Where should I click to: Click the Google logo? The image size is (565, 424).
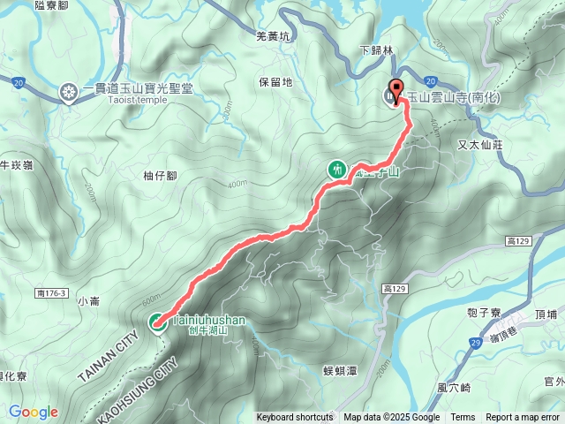point(34,413)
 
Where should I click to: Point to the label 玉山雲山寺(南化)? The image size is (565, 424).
point(452,96)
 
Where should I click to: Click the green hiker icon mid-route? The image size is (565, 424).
point(336,169)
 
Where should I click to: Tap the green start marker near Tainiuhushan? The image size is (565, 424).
point(155,322)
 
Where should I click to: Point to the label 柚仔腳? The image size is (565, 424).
point(160,176)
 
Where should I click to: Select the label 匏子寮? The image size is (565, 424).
point(485,313)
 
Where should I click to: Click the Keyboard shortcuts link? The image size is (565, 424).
point(295,418)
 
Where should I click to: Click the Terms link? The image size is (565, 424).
point(463,418)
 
